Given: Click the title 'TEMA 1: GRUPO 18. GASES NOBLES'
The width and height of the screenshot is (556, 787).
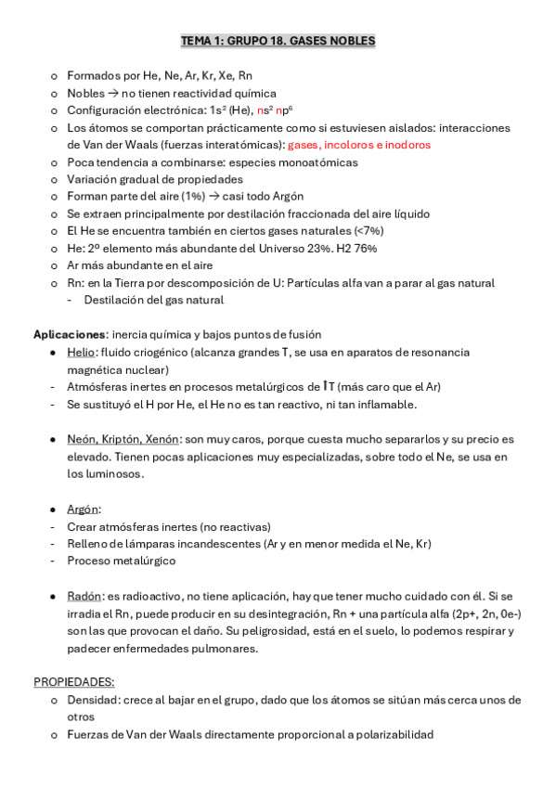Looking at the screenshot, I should (278, 42).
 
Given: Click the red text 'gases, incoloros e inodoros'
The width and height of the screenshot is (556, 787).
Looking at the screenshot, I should (359, 145).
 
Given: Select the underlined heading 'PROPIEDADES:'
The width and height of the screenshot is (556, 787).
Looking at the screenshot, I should (74, 681).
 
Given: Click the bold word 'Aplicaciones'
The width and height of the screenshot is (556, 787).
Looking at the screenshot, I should (71, 334).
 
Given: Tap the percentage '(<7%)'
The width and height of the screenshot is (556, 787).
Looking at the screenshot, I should (366, 230).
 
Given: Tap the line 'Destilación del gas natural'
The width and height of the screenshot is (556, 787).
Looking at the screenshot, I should (153, 300).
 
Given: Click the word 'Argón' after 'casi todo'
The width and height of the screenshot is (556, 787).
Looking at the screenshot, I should (284, 196).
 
